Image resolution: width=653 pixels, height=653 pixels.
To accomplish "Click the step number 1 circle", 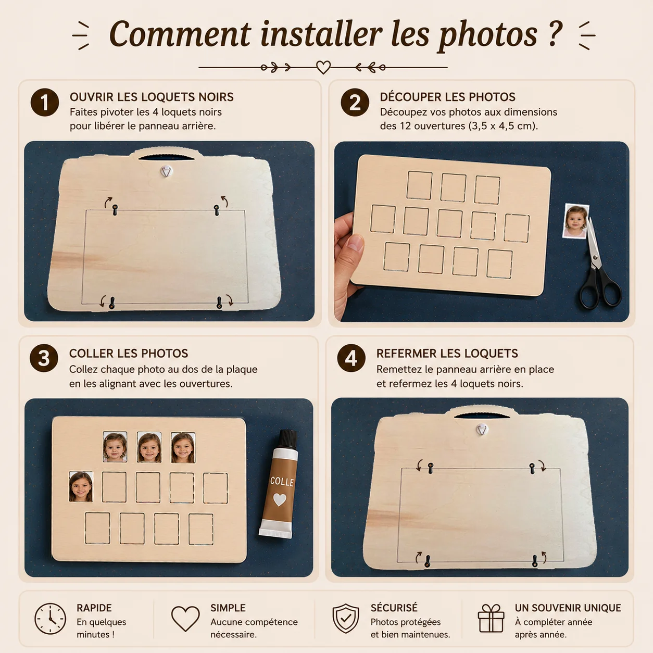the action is pos(45,103).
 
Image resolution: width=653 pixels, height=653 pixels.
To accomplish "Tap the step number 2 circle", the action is pos(355,103).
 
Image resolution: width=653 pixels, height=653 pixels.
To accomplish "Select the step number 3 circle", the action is pos(44,358).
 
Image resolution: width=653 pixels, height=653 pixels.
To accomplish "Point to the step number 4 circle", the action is pos(351,358).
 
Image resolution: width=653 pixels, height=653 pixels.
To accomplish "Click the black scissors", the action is pos(598,271).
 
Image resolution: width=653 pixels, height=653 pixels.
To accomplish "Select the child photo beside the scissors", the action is pos(576,221).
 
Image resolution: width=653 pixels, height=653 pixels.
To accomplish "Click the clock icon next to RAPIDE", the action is pos(50,619).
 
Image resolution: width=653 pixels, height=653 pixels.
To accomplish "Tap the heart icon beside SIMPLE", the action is pos(185,619).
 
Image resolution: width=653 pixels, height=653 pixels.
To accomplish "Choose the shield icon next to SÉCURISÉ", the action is pos(346,619).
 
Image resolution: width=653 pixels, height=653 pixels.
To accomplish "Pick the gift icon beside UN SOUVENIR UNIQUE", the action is pos(491,618).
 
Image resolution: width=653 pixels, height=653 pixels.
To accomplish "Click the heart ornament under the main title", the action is pos(323,67).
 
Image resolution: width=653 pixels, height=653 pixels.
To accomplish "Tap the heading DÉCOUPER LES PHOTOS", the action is pos(448,97).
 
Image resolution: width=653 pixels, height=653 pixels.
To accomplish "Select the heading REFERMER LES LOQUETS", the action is pos(447,354).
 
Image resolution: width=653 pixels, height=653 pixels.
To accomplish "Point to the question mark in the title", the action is pos(555,34).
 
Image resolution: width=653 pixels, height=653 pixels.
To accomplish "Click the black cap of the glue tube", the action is pos(288,439).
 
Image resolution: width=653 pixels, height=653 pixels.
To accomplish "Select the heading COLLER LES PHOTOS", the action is pos(129,354).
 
